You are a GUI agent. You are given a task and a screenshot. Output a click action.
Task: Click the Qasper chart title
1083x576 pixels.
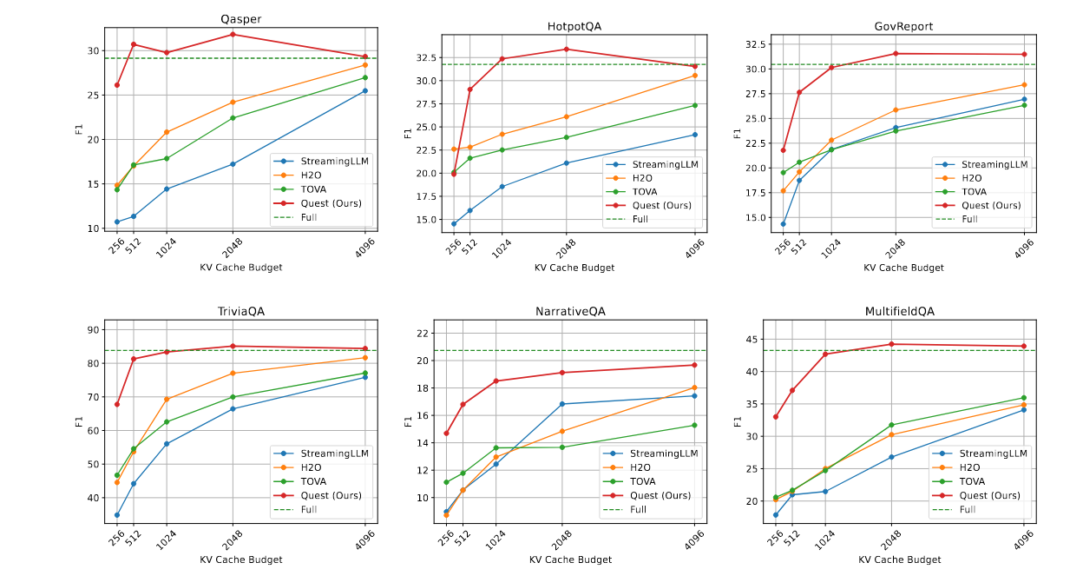pyautogui.click(x=240, y=18)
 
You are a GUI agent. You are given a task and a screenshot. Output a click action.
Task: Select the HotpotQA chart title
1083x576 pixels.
pyautogui.click(x=574, y=26)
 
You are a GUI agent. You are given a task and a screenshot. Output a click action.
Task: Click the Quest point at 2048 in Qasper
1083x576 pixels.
pyautogui.click(x=233, y=34)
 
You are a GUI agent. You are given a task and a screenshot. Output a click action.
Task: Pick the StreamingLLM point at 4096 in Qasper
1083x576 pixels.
pyautogui.click(x=365, y=90)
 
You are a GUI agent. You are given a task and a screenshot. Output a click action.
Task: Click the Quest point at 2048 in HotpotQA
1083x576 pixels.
pyautogui.click(x=567, y=49)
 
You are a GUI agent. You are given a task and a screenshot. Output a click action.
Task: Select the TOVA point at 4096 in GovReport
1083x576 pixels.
pyautogui.click(x=1024, y=105)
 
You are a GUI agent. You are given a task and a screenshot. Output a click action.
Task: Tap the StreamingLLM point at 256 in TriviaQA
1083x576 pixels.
pyautogui.click(x=117, y=515)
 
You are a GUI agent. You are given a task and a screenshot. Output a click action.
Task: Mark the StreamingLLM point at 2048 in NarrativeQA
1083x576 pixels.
pyautogui.click(x=562, y=404)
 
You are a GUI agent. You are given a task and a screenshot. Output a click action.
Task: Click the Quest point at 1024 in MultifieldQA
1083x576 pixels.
pyautogui.click(x=825, y=354)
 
